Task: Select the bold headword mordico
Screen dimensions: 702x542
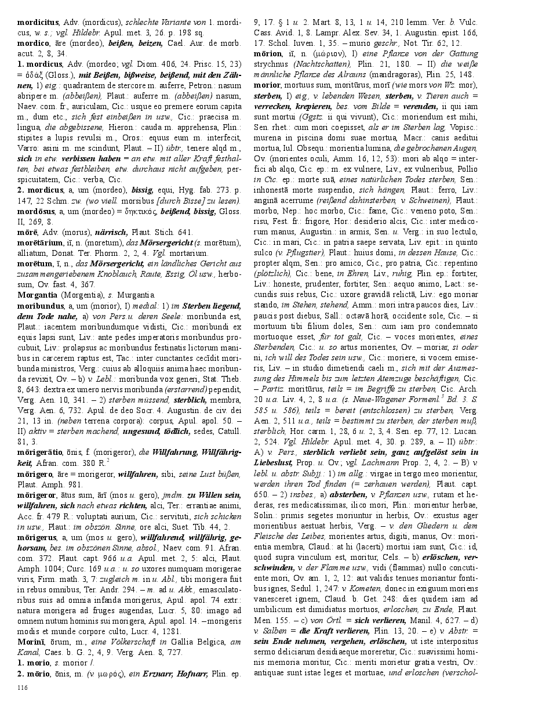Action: (34, 43)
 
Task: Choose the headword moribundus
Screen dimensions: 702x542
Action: (41, 305)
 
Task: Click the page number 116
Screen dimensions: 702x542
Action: (23, 687)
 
